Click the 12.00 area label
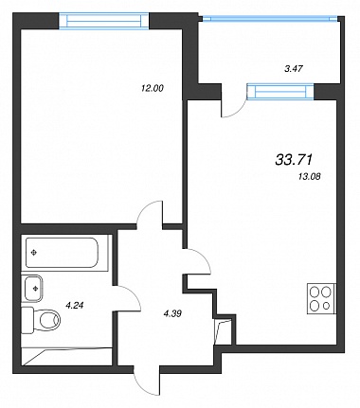tap(153, 88)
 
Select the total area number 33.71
tap(294, 160)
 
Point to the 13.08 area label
tap(309, 177)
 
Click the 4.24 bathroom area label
tap(74, 305)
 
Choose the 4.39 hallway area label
tap(172, 313)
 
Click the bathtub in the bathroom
tap(62, 253)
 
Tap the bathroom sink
tap(33, 288)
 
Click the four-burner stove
tap(321, 299)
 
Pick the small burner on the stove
tap(327, 306)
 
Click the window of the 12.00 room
tap(104, 21)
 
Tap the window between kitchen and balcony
tap(280, 92)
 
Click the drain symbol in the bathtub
tap(33, 252)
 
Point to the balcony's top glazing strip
tap(270, 19)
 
